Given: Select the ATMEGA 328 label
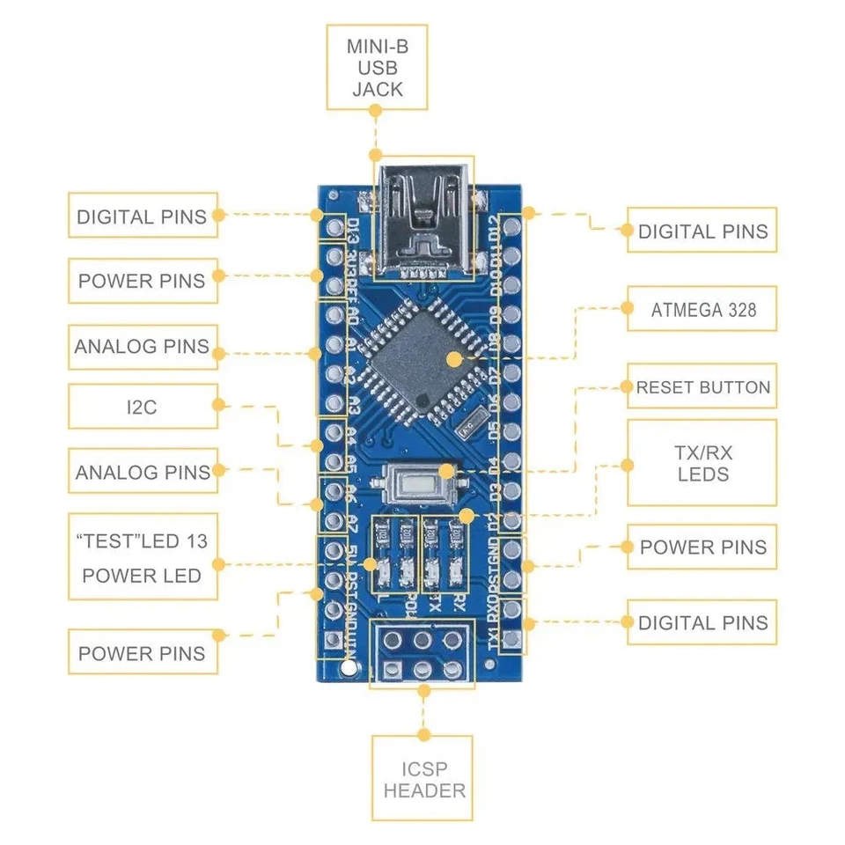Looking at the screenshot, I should click(702, 309).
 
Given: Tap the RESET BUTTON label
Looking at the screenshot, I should click(702, 387).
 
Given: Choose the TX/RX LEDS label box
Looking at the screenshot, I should click(702, 463).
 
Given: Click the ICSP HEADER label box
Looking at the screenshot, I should click(423, 779).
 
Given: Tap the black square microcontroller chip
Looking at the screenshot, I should click(426, 356).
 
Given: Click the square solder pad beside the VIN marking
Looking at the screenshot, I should click(334, 640).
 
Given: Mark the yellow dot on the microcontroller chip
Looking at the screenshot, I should click(454, 358).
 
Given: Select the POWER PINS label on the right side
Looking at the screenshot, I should click(702, 547).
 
